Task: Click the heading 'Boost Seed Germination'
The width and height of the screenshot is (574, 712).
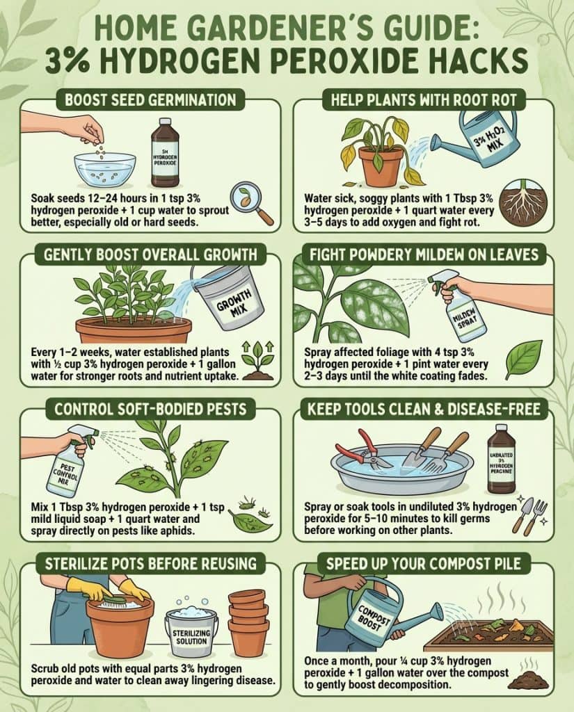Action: (x=150, y=100)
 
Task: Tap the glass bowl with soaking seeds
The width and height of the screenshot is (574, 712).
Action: (x=105, y=168)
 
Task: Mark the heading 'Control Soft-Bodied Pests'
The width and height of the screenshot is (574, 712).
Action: (x=150, y=410)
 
